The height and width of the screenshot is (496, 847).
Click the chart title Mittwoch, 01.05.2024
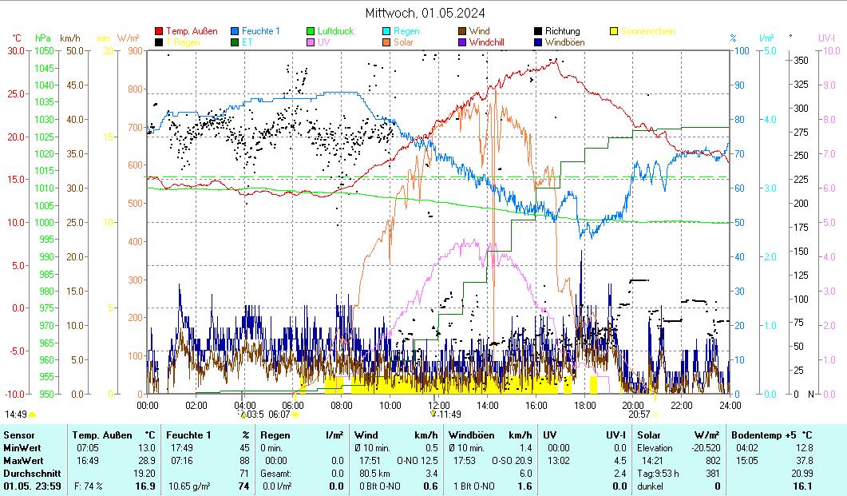(x=424, y=13)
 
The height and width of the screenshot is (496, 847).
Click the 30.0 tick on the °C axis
(x=16, y=50)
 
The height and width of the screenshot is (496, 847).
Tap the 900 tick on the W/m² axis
(x=134, y=50)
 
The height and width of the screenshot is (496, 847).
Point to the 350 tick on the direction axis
(x=801, y=60)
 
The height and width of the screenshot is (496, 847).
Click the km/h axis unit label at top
(x=69, y=38)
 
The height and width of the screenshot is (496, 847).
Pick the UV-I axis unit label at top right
(x=826, y=38)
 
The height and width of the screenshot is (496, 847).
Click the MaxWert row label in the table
(x=22, y=460)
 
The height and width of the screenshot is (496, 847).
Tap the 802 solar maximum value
(x=712, y=460)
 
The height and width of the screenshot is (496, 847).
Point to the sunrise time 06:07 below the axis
(x=279, y=415)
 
